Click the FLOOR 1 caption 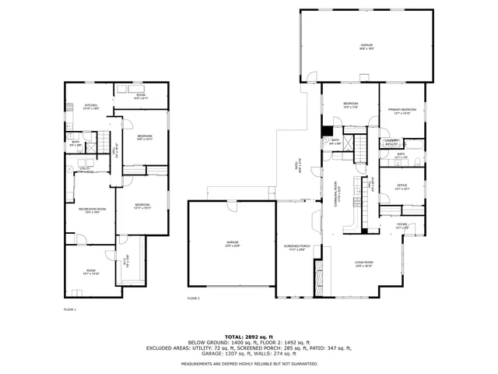pyautogui.click(x=68, y=309)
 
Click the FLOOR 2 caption pyautogui.click(x=193, y=298)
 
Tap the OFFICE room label pyautogui.click(x=402, y=186)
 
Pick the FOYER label pyautogui.click(x=402, y=224)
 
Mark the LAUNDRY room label pyautogui.click(x=392, y=141)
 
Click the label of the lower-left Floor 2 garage pyautogui.click(x=233, y=243)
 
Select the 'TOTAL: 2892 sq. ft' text pyautogui.click(x=248, y=337)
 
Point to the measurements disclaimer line pyautogui.click(x=248, y=363)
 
